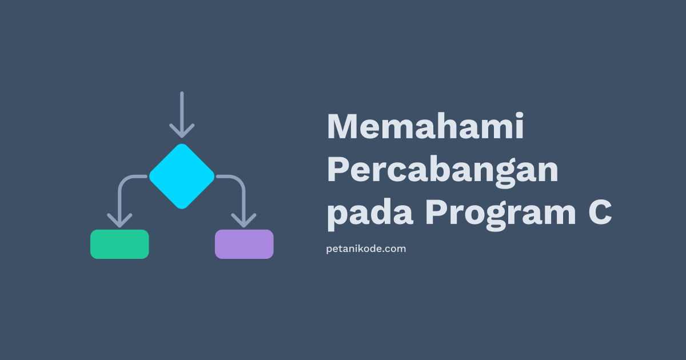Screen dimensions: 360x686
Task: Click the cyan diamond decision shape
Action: (182, 176)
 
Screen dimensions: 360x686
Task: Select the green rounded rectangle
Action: (119, 244)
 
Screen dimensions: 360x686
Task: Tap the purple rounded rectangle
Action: (244, 244)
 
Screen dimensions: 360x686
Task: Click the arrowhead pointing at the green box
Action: (119, 220)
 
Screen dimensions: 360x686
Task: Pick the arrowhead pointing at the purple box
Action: (244, 220)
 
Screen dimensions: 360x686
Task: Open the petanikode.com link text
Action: (366, 249)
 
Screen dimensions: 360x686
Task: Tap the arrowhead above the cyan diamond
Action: (182, 131)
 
